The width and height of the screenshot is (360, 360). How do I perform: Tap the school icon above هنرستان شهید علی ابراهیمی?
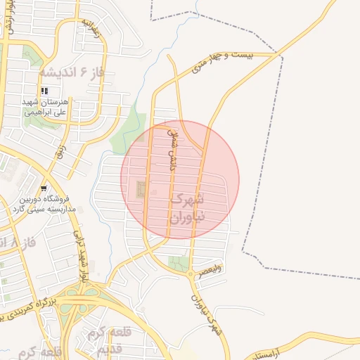(x=45, y=91)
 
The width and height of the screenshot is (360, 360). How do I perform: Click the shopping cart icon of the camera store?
(x=44, y=188)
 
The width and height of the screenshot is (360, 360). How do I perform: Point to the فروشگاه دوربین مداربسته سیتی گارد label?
(x=40, y=204)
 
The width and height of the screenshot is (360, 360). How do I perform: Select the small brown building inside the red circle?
(x=141, y=188)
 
